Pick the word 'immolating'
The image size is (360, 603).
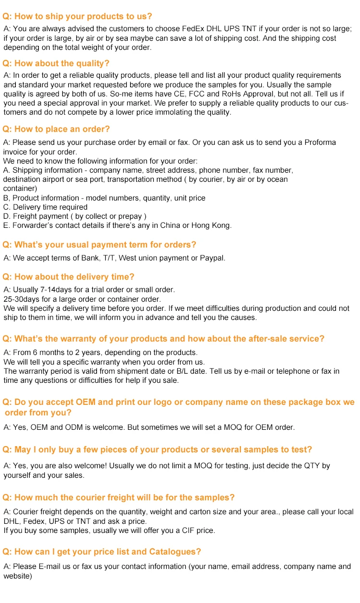[x=171, y=112]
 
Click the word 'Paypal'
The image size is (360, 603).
[x=213, y=258]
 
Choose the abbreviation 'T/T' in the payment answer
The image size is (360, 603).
[x=108, y=258]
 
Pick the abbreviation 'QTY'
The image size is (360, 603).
[x=313, y=466]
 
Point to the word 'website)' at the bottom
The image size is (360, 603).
[x=18, y=576]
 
